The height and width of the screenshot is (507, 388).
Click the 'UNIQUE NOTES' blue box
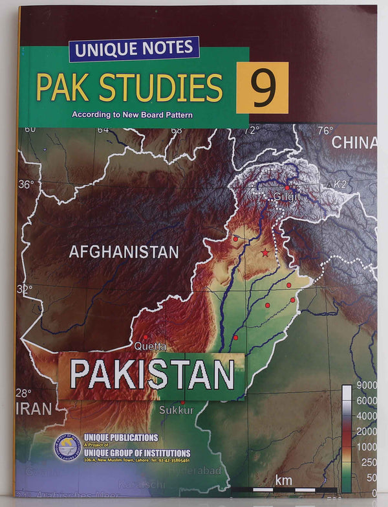coord(134,49)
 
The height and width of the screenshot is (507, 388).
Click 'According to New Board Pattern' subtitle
coord(133,115)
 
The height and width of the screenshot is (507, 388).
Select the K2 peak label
coord(342,185)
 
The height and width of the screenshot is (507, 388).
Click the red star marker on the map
coord(264,252)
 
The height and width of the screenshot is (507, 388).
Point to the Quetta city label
coord(149,346)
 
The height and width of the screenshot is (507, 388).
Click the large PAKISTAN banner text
coord(151,374)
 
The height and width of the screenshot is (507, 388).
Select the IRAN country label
coord(34,408)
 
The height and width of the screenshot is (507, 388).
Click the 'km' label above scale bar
coord(283,479)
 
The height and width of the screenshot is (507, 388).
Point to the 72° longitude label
coord(251,130)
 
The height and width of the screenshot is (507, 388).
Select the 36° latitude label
coord(25,185)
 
